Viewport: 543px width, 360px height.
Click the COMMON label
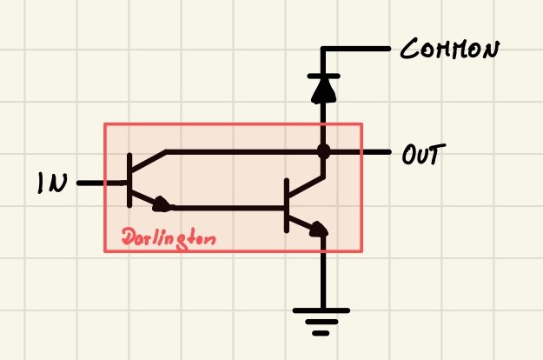[x=450, y=50]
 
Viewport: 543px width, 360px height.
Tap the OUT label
[x=423, y=154]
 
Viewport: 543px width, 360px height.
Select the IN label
[x=52, y=183]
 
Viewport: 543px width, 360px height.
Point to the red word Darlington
[x=169, y=238]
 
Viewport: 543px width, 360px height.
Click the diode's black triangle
[x=324, y=90]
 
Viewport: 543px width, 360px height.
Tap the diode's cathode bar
[x=324, y=76]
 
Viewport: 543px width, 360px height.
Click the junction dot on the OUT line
[x=324, y=151]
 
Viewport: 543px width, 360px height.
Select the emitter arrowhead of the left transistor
[x=162, y=204]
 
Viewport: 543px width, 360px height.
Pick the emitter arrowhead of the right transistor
[x=318, y=229]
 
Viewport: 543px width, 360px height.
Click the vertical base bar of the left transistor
[x=129, y=180]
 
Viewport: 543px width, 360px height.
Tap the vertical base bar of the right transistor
[x=287, y=205]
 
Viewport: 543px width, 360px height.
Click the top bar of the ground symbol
[x=321, y=310]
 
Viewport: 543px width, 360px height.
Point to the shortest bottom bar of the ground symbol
[x=321, y=333]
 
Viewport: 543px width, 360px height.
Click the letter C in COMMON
[x=409, y=49]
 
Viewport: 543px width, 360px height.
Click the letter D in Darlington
[x=129, y=237]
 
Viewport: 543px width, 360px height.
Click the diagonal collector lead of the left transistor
[x=149, y=161]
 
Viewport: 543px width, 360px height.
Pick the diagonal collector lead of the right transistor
[x=306, y=187]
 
